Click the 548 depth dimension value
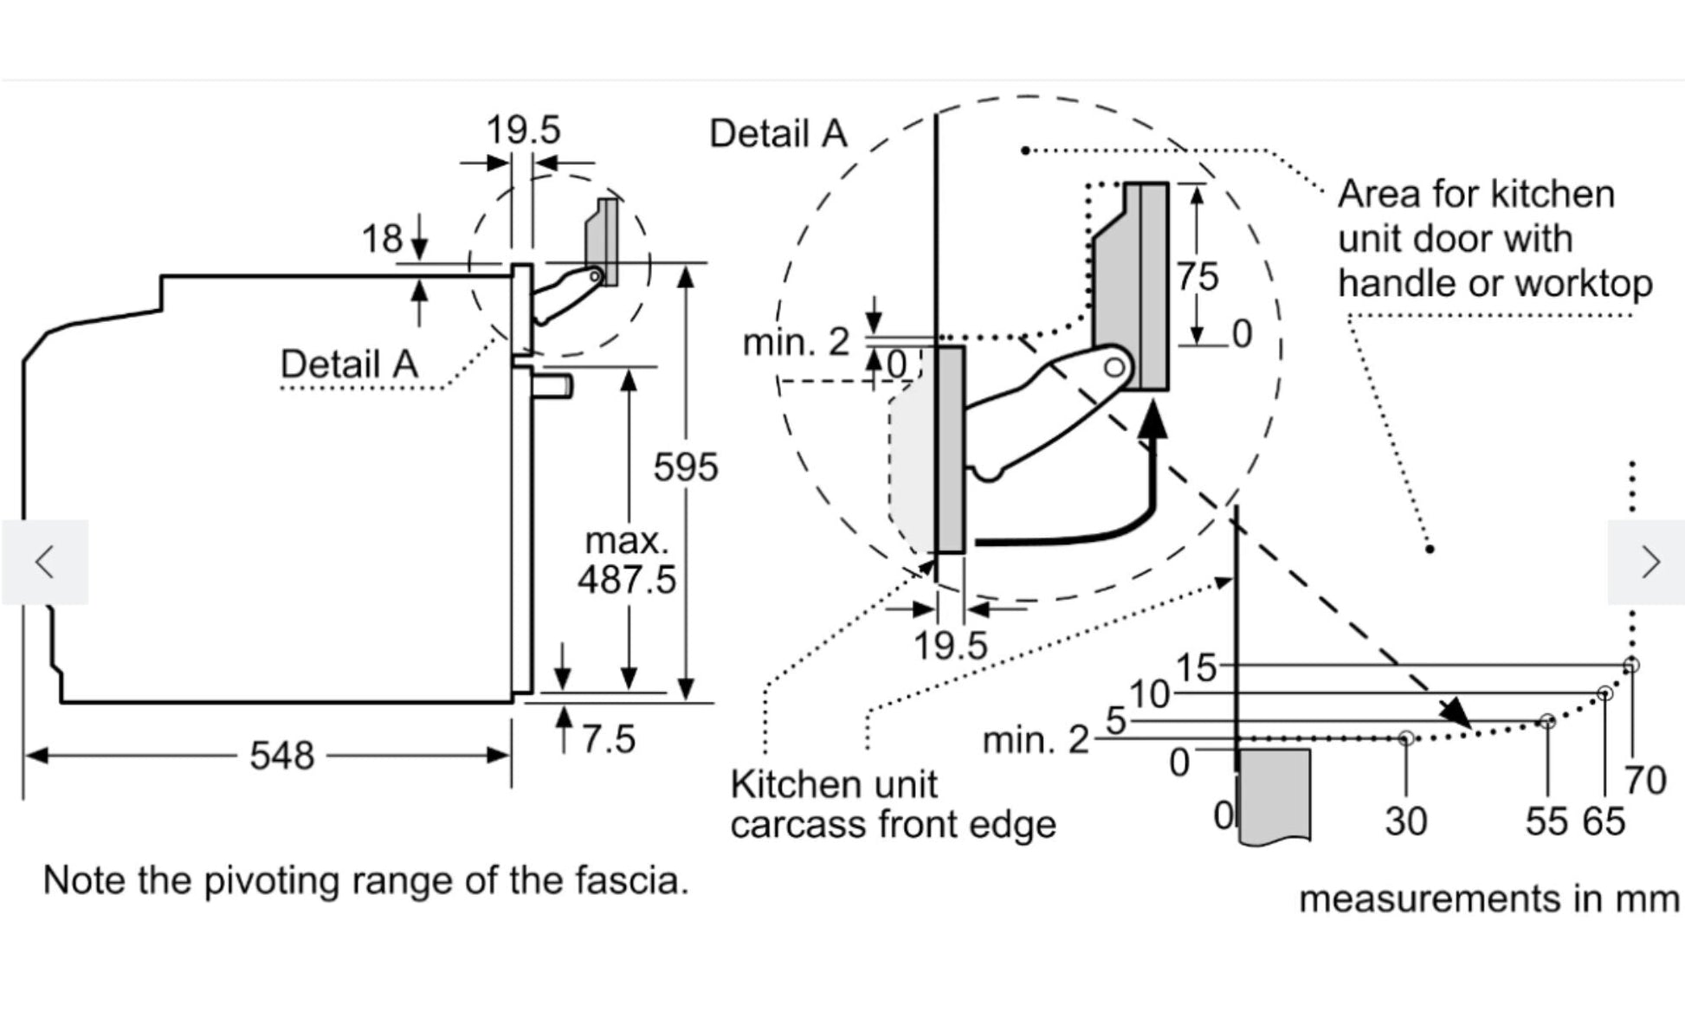coord(281,756)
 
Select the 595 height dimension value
coord(685,467)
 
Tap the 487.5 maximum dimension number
coord(626,579)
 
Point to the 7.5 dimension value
coord(608,739)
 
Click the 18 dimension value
coord(382,238)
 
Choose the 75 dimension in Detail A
coord(1198,277)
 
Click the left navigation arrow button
coord(45,562)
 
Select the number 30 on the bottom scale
coord(1405,821)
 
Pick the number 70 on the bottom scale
coord(1645,780)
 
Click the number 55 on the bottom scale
coord(1546,821)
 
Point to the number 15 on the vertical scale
coord(1196,668)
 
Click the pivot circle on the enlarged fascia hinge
coord(1114,367)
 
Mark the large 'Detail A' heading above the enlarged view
coord(778,134)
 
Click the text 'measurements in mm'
coord(1488,898)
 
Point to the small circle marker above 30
coord(1406,737)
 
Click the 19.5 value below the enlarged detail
coord(951,646)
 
